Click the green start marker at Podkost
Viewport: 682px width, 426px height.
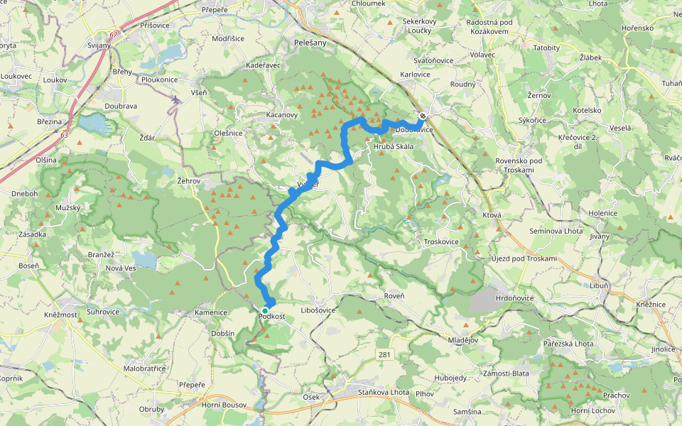(x=265, y=311)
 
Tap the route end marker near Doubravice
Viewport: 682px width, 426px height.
(x=423, y=116)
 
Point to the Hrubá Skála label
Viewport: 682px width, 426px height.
(x=393, y=147)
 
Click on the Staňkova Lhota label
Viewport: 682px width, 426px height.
(x=383, y=391)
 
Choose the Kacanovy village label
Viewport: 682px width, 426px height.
(x=282, y=114)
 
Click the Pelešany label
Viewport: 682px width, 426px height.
(x=310, y=43)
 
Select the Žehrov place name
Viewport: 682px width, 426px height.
(x=190, y=181)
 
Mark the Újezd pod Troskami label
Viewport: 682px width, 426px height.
(x=524, y=258)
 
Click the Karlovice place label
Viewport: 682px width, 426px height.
(x=415, y=74)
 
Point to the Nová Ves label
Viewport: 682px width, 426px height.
(x=120, y=268)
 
